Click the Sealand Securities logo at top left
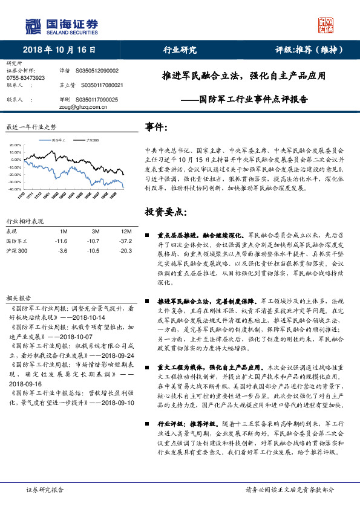coord(61,25)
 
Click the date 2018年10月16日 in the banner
coord(59,50)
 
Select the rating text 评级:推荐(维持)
coord(309,50)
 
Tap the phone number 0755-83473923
coord(25,78)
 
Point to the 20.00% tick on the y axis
coord(15,146)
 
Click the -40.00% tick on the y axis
coord(15,189)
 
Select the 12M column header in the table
coord(126,232)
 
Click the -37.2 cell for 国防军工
coord(125,241)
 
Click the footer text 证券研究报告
coord(45,489)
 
